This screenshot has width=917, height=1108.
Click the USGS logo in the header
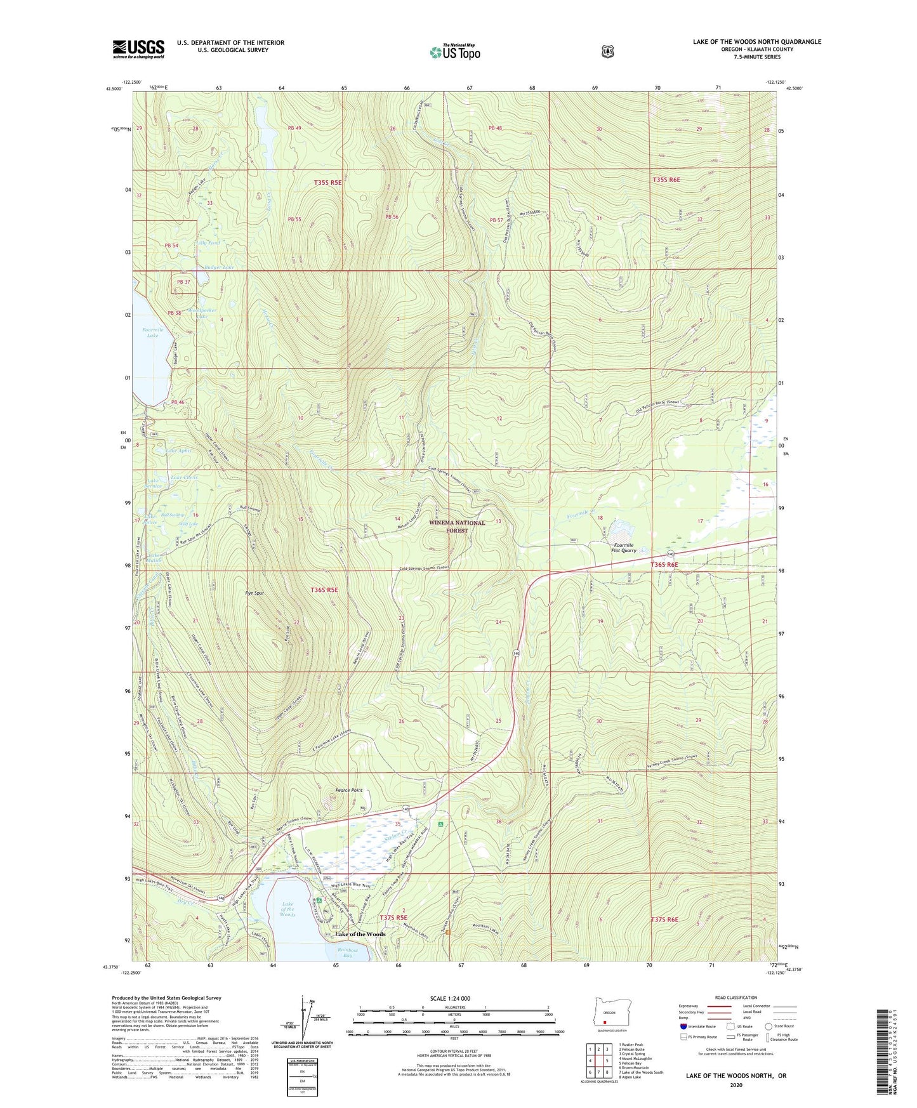coord(138,49)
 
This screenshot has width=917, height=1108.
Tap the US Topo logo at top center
coord(455,52)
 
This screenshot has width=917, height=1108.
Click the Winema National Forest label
coord(457,527)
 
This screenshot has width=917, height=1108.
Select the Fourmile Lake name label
coord(152,332)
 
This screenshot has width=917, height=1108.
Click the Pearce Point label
coord(348,790)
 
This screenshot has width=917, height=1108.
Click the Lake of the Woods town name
coord(360,933)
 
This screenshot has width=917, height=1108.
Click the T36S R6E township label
coord(664,565)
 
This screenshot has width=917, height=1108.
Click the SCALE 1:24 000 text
coord(450,998)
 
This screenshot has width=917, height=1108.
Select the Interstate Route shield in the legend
coord(683,1026)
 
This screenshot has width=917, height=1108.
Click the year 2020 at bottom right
coord(736,1085)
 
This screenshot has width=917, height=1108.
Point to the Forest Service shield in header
coord(607,51)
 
